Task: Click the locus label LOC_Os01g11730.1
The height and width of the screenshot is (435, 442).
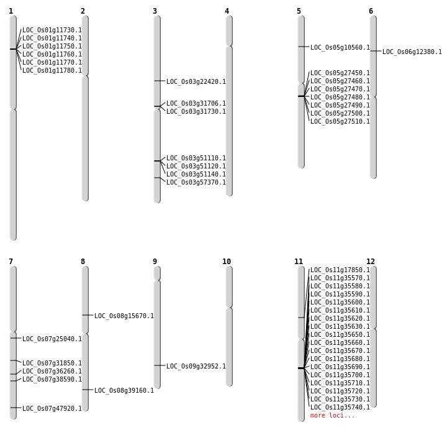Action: click(x=52, y=30)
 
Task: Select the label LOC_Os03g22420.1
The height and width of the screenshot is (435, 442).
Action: click(x=196, y=81)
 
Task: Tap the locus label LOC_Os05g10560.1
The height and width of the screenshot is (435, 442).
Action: click(x=340, y=47)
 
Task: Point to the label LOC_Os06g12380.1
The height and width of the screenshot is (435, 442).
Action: click(x=412, y=52)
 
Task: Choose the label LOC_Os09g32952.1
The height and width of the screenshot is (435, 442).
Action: click(x=196, y=366)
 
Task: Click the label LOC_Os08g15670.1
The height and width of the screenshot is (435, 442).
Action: click(x=124, y=316)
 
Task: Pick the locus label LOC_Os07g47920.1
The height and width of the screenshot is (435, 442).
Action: click(x=52, y=408)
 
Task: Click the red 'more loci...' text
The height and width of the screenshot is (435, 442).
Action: click(x=333, y=415)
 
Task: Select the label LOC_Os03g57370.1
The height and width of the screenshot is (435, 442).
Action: click(x=196, y=182)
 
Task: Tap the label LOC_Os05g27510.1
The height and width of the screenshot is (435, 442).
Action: click(x=340, y=121)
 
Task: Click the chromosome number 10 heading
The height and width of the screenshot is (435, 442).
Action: click(x=227, y=262)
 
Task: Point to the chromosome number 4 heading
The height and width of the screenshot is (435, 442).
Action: click(x=227, y=11)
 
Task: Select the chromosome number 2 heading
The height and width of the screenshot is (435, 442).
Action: click(x=83, y=11)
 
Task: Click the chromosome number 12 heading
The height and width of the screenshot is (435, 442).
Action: click(x=371, y=262)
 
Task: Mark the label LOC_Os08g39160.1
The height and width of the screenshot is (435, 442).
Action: click(x=124, y=390)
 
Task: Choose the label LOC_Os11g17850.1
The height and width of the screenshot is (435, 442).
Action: click(x=340, y=270)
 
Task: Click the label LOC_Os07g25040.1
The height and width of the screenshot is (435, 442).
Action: click(x=52, y=339)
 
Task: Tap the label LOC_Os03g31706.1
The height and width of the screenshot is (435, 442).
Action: click(x=196, y=103)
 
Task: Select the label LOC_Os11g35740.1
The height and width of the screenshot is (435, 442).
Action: click(x=340, y=407)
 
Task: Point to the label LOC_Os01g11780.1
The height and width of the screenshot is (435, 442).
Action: click(x=52, y=70)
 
